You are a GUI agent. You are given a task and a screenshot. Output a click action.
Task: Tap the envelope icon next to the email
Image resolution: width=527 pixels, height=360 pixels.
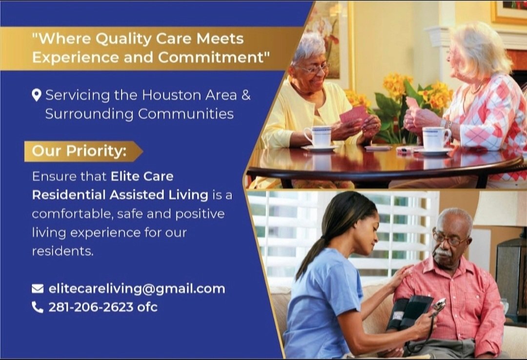tap(38, 289)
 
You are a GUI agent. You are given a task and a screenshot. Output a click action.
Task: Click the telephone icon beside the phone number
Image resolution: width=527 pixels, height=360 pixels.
tap(38, 307)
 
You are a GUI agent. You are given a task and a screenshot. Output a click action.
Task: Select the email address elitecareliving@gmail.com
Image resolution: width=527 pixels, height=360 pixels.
tap(137, 289)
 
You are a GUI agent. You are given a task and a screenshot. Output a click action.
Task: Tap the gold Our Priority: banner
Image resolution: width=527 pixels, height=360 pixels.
tap(81, 151)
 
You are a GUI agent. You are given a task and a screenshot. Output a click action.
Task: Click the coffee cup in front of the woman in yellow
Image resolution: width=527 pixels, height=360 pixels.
tap(318, 137)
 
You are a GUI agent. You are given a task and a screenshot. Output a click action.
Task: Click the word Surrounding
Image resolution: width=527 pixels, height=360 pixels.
tap(88, 114)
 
